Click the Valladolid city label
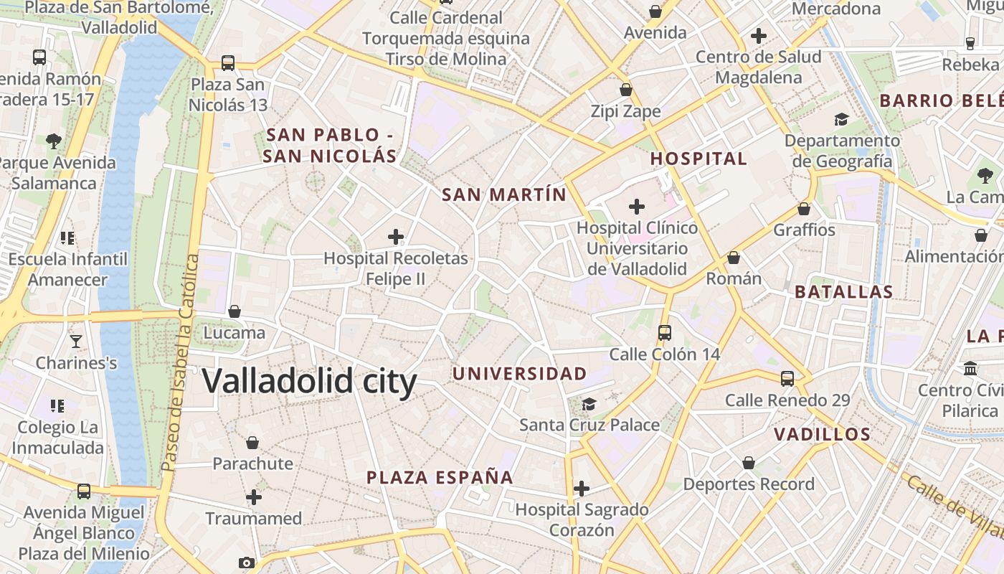pos(309,381)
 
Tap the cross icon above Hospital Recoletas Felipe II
pos(396,237)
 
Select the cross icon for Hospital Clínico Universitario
pos(636,207)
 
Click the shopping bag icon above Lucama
pos(235,311)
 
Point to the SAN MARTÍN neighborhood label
pos(503,194)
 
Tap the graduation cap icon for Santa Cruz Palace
pos(589,404)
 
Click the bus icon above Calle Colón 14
pos(665,333)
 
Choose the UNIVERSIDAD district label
pos(519,373)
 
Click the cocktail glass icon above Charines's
pos(76,342)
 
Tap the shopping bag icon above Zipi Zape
pos(626,90)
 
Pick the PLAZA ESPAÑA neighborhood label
pos(440,477)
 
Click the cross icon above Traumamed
pos(254,497)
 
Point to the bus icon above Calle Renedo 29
pos(787,379)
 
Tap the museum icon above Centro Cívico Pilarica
pos(970,369)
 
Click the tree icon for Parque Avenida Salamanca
pos(54,141)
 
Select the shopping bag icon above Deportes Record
pos(749,463)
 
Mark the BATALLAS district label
pos(844,292)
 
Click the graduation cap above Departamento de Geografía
pos(841,119)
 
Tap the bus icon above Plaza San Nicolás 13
pos(228,63)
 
